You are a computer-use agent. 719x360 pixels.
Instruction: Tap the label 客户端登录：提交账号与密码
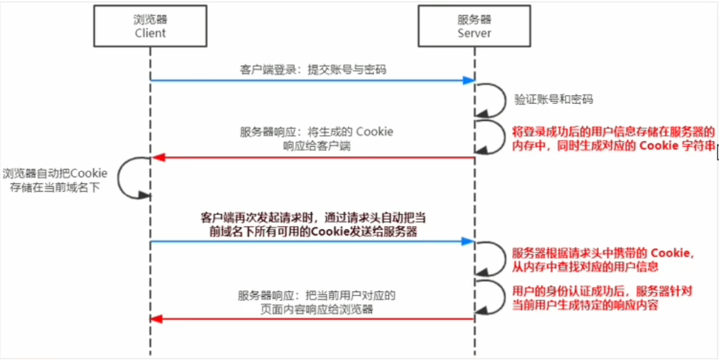click(314, 69)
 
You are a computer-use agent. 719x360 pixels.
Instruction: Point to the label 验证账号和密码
click(553, 99)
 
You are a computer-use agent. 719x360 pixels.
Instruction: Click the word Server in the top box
click(474, 33)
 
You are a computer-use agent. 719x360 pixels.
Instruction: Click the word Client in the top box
click(150, 33)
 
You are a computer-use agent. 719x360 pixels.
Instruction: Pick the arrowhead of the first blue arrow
click(468, 80)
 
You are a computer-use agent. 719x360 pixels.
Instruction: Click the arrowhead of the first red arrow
click(157, 158)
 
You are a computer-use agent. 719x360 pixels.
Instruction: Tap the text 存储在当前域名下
click(55, 187)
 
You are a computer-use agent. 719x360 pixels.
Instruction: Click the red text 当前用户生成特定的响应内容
click(586, 306)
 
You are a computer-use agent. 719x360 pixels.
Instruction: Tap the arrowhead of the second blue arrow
click(468, 241)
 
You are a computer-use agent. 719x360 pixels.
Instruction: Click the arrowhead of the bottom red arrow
click(157, 319)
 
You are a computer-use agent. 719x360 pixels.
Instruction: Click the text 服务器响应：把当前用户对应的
click(316, 295)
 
